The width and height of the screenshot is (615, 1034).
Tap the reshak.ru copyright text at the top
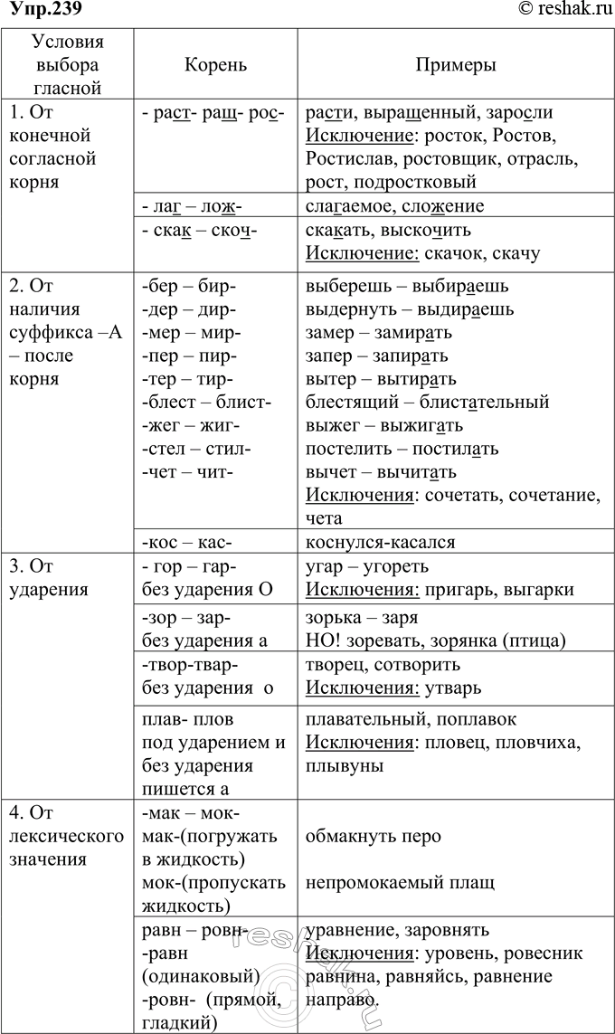(565, 10)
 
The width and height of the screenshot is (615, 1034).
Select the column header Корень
(215, 66)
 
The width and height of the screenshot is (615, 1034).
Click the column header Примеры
(455, 66)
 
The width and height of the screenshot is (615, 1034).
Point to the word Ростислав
(348, 158)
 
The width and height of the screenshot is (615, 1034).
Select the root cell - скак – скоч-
(200, 230)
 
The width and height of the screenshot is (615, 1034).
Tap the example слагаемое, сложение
(395, 205)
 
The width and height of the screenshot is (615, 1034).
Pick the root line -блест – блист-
(206, 402)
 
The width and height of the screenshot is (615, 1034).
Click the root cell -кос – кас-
(187, 543)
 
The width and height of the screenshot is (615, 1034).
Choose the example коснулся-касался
(381, 543)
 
